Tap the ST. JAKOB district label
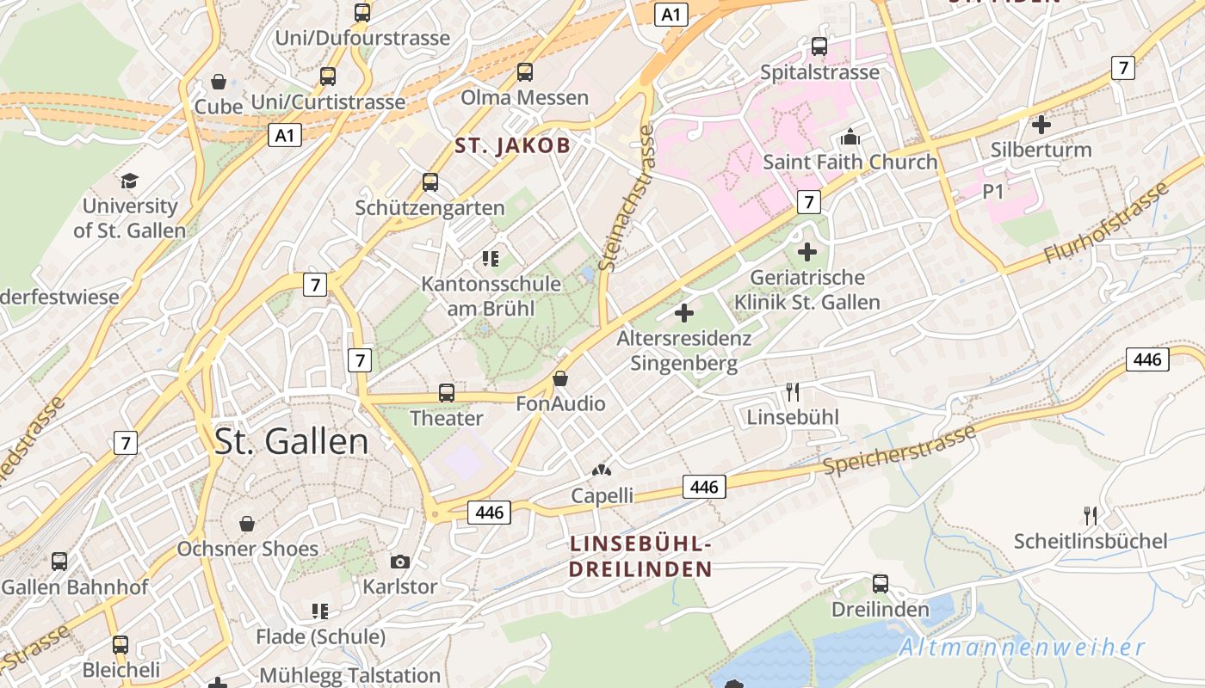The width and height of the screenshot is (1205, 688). click(x=512, y=145)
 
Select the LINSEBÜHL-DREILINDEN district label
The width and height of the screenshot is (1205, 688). click(x=640, y=556)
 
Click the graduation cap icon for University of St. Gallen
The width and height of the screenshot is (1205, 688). click(x=129, y=181)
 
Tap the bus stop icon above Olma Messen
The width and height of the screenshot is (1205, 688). click(x=524, y=72)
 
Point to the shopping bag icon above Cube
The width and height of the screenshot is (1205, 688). click(x=219, y=82)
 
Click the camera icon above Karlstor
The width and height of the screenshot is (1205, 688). click(x=400, y=562)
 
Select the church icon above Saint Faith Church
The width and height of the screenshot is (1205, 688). click(x=850, y=137)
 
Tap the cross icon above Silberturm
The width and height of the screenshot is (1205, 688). click(x=1041, y=124)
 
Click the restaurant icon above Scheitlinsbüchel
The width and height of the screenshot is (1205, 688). click(x=1091, y=516)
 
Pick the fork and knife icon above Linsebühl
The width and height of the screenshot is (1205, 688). click(x=793, y=392)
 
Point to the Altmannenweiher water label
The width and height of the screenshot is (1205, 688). click(x=1023, y=648)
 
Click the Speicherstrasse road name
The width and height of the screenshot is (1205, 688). click(x=899, y=451)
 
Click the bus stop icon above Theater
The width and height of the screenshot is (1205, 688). click(x=446, y=393)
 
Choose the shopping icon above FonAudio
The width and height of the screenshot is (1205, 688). click(x=560, y=378)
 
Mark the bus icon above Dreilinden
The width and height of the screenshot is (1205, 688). click(x=881, y=584)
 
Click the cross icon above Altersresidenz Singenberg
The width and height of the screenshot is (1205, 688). click(x=684, y=313)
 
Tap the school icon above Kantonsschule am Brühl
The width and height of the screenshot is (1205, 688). click(x=491, y=258)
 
